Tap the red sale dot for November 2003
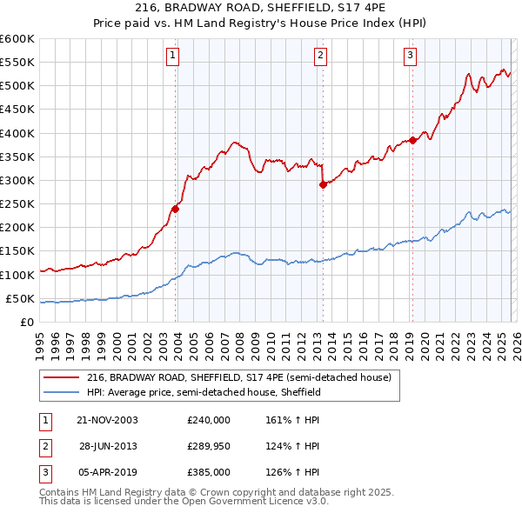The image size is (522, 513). [176, 209]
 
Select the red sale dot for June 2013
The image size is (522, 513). [323, 184]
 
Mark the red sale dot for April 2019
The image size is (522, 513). [412, 140]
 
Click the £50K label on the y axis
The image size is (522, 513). [20, 298]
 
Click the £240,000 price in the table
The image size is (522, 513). [209, 419]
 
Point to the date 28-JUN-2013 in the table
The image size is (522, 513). [108, 446]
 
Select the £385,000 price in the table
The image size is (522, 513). [209, 473]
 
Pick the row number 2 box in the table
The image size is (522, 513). [44, 446]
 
